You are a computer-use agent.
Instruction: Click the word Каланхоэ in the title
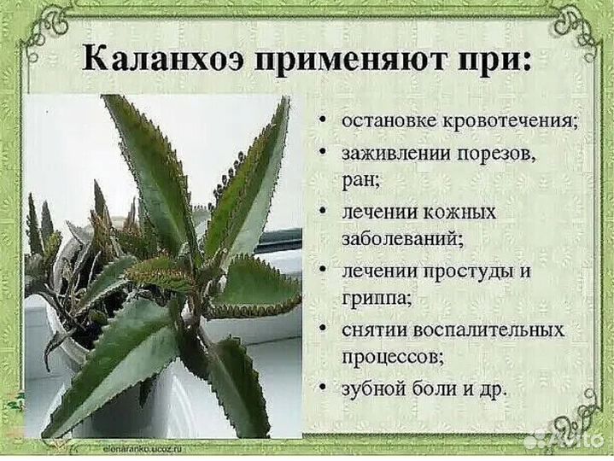[144, 61]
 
